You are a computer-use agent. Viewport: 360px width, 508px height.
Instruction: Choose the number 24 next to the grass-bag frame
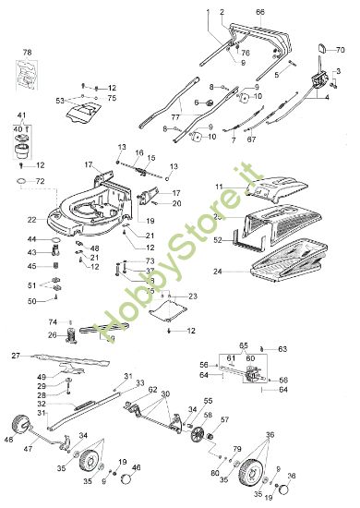click(x=217, y=272)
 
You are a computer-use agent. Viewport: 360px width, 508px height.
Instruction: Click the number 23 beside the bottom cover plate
click(x=194, y=296)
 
